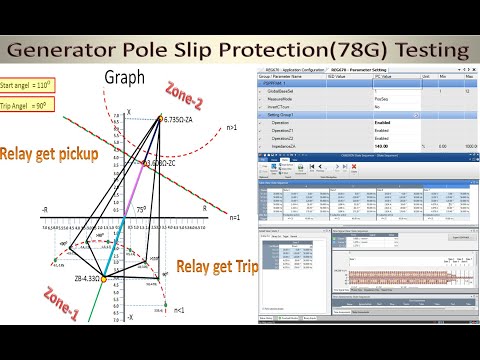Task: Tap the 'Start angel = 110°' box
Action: (x=28, y=87)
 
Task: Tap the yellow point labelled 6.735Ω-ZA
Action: (x=160, y=118)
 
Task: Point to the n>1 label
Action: (x=232, y=127)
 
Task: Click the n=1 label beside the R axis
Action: (x=236, y=217)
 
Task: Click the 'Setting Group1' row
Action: (x=290, y=114)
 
